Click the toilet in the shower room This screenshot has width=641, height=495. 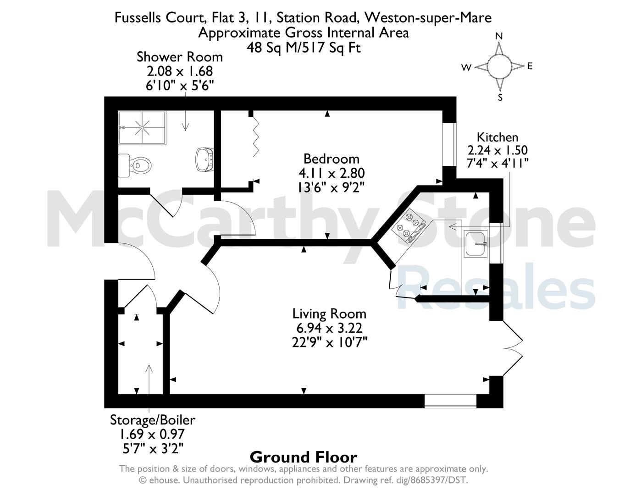point(135,165)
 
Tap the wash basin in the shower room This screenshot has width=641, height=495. point(204,159)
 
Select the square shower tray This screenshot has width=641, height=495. point(142,128)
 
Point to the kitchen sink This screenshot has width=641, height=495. point(475,243)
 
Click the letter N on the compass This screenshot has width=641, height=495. point(499,36)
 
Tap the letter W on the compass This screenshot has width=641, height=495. point(466,67)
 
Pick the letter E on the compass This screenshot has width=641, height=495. point(530,66)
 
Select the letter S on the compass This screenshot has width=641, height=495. point(500,98)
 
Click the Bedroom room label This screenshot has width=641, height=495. point(331,159)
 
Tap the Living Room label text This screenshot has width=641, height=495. point(329,313)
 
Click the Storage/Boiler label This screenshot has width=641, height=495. point(153,420)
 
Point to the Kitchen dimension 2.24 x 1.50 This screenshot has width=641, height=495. point(497,150)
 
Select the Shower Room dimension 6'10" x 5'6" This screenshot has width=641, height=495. point(180,86)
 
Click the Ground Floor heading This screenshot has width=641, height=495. point(304,457)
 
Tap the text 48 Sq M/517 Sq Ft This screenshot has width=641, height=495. point(304,48)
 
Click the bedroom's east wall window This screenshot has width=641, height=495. point(449,144)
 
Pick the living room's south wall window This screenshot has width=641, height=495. point(450,401)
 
